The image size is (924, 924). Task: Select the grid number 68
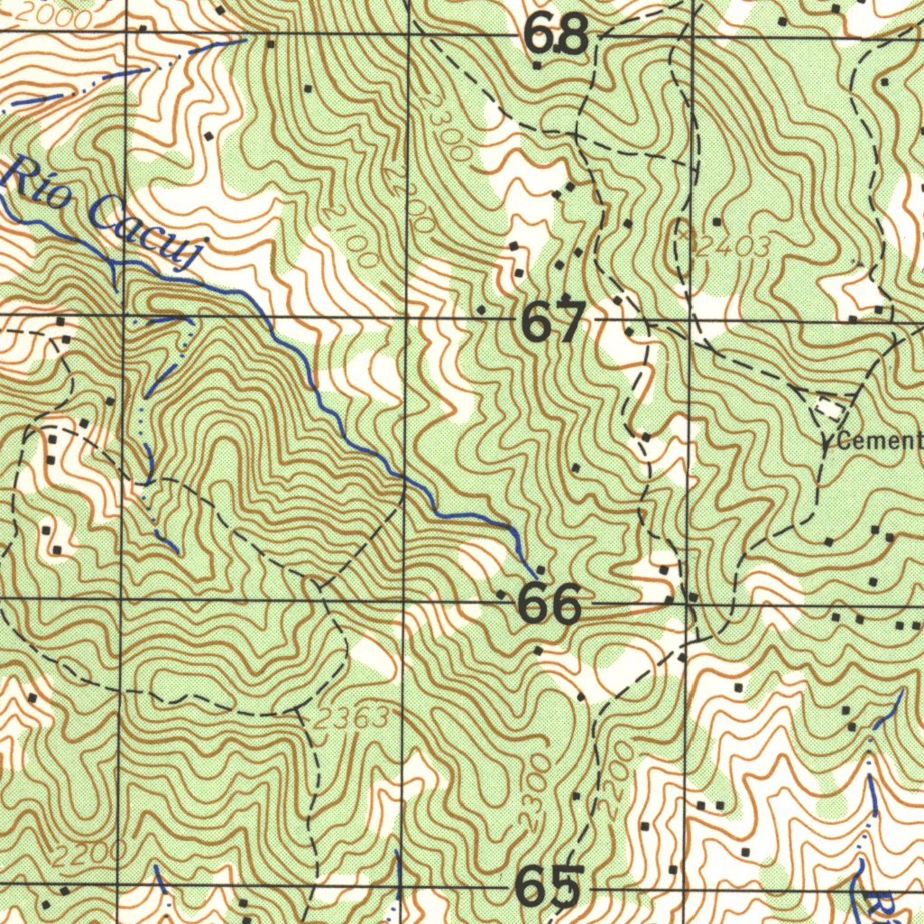point(557,37)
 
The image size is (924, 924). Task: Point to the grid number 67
point(554,323)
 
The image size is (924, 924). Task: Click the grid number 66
point(550,605)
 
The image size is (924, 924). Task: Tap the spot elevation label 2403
point(733,245)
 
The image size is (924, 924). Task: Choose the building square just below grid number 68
point(538,65)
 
